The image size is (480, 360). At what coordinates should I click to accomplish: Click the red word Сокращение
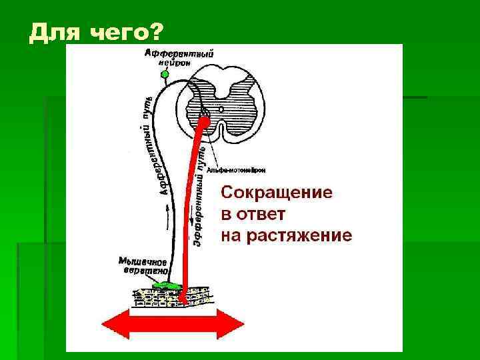276,193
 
